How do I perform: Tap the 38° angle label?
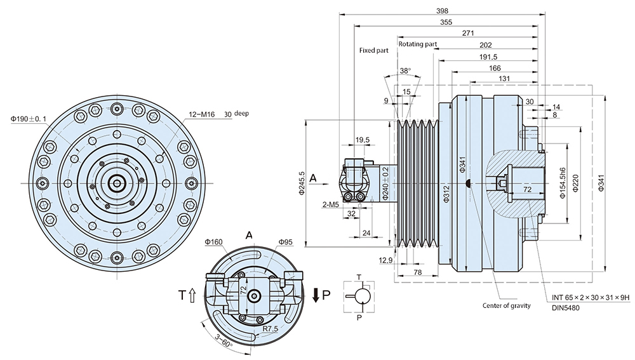coord(405,70)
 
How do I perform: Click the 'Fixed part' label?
coord(373,50)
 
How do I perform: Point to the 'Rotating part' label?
coord(417,44)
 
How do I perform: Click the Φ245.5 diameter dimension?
coord(302,183)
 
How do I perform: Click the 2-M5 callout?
coord(330,205)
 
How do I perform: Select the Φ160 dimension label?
coord(213,242)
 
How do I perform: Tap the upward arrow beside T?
coord(192,295)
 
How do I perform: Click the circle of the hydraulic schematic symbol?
coord(360,296)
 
